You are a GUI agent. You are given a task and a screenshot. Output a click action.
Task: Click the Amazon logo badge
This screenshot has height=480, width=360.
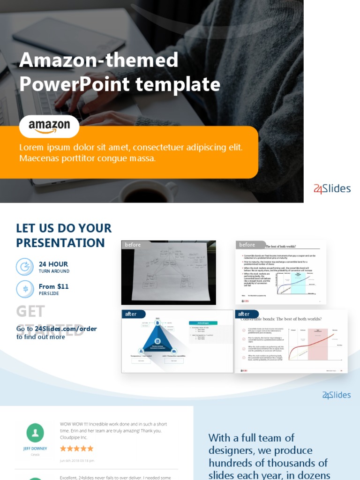click(49, 126)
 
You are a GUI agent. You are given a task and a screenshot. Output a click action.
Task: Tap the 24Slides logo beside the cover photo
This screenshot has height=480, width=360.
click(332, 189)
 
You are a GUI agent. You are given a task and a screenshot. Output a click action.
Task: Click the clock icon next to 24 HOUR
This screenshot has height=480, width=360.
click(25, 267)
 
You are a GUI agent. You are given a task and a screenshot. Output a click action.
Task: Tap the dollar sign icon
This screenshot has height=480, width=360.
click(25, 289)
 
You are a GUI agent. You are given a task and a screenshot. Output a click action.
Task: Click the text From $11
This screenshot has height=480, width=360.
click(53, 286)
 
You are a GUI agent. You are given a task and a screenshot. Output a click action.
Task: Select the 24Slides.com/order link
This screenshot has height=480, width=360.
click(66, 329)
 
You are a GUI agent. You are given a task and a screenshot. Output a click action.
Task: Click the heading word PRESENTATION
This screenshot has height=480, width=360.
click(60, 243)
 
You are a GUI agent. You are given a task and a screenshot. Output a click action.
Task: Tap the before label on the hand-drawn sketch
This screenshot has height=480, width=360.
click(133, 245)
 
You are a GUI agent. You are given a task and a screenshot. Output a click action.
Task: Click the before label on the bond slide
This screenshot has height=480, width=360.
click(247, 245)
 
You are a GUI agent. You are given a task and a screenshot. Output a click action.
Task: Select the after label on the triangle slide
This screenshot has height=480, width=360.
click(131, 314)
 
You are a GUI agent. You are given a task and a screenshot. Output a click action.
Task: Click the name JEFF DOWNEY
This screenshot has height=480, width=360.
click(35, 449)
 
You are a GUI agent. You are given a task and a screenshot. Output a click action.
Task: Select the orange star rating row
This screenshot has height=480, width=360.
click(77, 449)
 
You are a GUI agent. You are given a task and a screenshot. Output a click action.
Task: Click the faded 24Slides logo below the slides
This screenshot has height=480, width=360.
click(336, 395)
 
